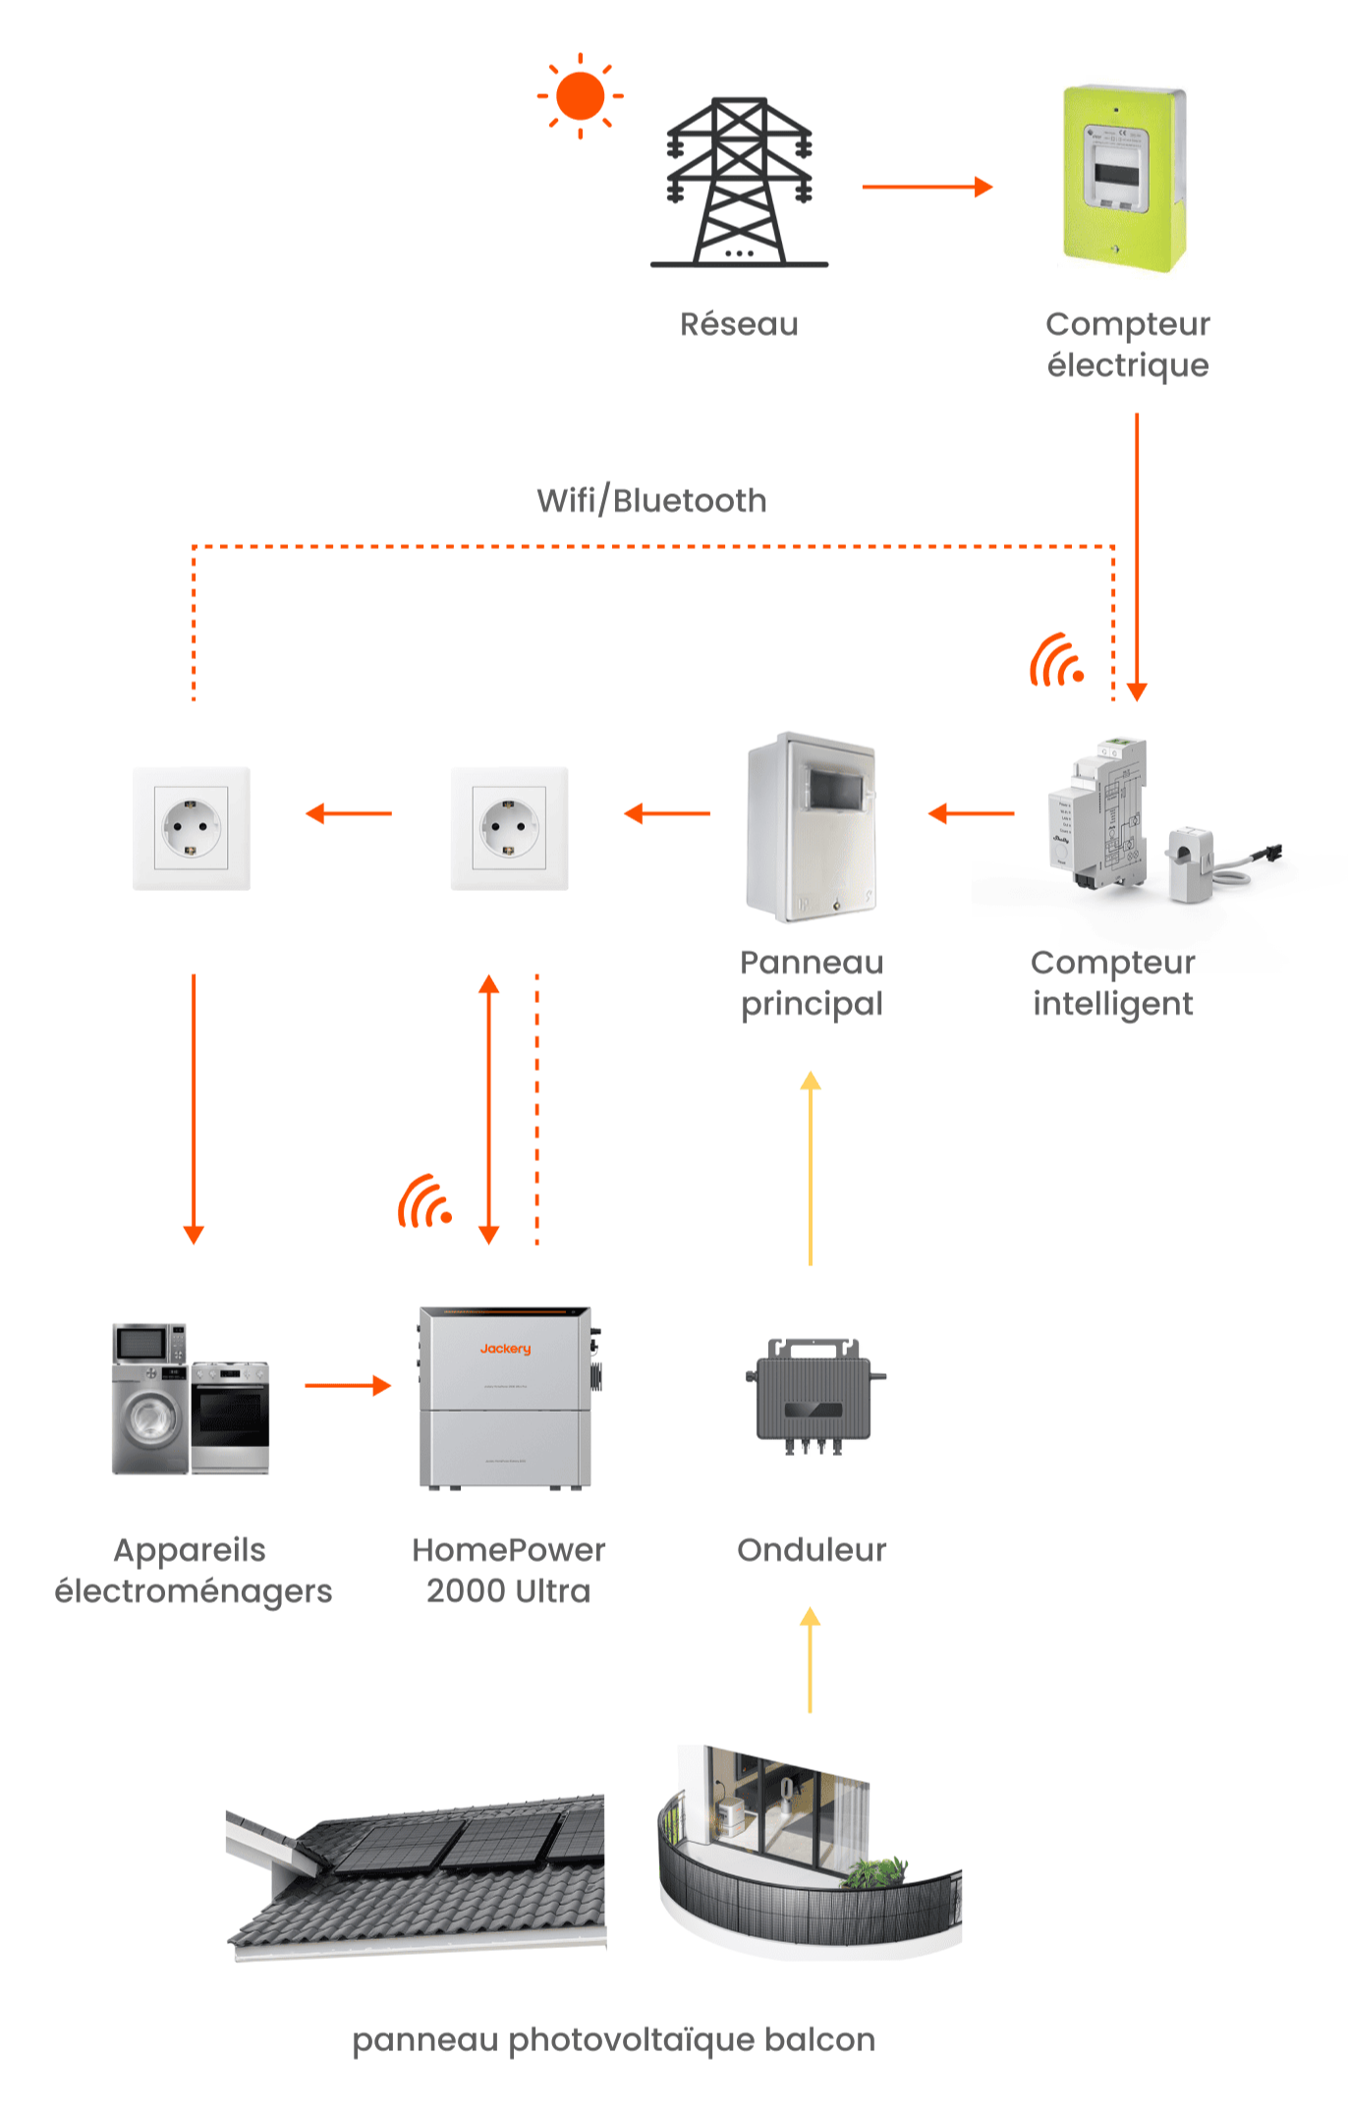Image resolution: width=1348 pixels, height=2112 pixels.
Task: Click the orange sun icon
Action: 580,96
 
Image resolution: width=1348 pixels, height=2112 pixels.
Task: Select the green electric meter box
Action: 1124,179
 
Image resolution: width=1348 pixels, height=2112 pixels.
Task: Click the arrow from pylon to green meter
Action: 927,187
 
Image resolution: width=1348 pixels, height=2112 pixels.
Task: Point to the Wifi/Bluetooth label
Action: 651,501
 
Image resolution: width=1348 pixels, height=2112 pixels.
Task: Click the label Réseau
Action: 739,324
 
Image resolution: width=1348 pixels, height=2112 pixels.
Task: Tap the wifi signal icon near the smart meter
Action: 1056,661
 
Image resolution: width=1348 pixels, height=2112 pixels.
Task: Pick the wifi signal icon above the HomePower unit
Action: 424,1201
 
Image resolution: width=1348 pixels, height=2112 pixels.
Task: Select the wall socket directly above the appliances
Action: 192,828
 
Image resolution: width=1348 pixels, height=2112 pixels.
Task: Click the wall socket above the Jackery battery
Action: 509,828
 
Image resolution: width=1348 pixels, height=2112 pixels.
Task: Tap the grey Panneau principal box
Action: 812,826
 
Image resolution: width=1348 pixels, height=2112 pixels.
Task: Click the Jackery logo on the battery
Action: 505,1349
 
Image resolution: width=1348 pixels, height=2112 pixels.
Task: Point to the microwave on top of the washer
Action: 148,1343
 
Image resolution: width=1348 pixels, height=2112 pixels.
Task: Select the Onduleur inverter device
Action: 814,1395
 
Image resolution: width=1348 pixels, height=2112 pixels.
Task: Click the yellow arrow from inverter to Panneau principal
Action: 811,1168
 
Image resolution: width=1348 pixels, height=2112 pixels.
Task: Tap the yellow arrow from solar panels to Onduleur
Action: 811,1660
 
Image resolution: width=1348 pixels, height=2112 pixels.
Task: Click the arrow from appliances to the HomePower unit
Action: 347,1386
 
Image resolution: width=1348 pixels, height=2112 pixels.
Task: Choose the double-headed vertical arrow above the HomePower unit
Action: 489,1109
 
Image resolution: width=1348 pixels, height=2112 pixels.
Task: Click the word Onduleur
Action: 812,1550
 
